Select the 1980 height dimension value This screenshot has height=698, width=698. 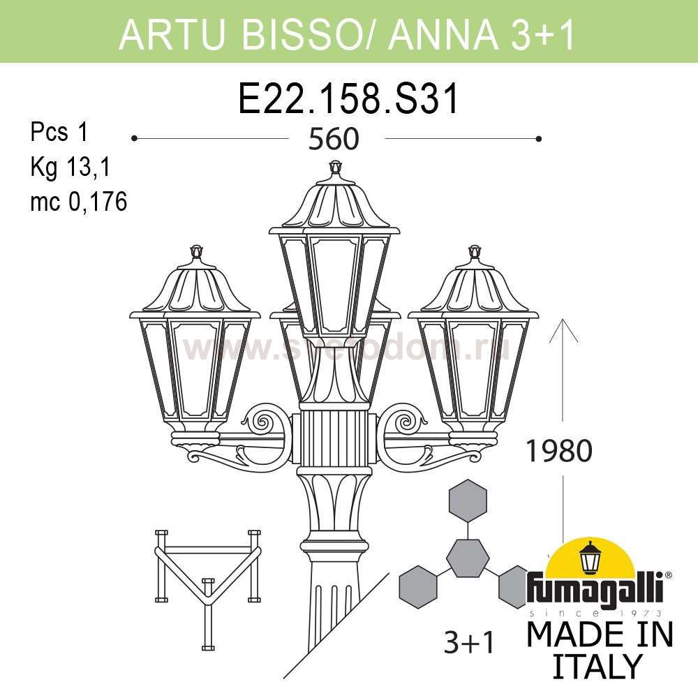[x=558, y=452]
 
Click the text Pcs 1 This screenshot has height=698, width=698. [x=59, y=132]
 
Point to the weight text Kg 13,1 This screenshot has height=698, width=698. [x=70, y=168]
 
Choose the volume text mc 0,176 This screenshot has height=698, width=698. [x=79, y=202]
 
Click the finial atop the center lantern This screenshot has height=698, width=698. [x=336, y=168]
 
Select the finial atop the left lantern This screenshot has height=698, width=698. [x=197, y=251]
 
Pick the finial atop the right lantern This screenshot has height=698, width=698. [x=475, y=251]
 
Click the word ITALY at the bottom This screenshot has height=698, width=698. [x=597, y=667]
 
